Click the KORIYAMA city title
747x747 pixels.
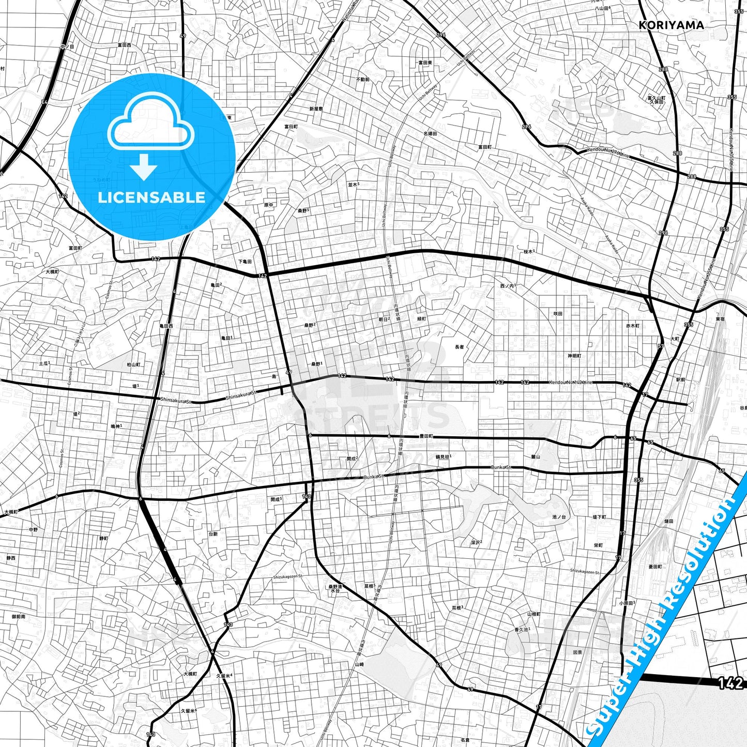(x=671, y=25)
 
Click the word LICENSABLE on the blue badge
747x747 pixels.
(x=151, y=197)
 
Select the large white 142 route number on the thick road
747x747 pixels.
(x=730, y=683)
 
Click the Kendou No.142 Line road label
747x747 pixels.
(x=571, y=383)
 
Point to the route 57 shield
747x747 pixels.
(x=661, y=346)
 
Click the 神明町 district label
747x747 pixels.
(x=574, y=356)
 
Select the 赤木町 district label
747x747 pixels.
(x=633, y=326)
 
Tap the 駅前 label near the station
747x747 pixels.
(x=680, y=379)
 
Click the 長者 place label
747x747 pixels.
(x=459, y=347)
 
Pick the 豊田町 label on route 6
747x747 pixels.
(x=426, y=436)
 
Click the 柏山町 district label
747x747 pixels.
(x=133, y=364)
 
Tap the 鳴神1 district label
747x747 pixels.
(x=116, y=426)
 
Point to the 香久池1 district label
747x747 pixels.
(x=521, y=630)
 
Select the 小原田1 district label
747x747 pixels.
(x=627, y=603)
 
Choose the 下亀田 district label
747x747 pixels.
(x=245, y=262)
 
